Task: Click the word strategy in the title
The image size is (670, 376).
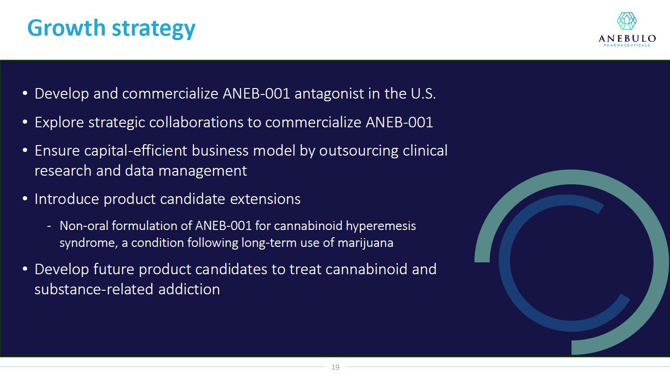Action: [x=154, y=29]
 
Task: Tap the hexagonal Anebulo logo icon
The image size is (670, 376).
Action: [x=627, y=21]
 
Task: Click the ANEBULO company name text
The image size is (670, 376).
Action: [x=627, y=38]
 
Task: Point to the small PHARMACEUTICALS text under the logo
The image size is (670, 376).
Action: [x=627, y=45]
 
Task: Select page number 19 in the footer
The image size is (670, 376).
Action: [x=335, y=367]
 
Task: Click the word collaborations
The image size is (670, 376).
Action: [x=196, y=122]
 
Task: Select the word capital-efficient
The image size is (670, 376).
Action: [x=136, y=151]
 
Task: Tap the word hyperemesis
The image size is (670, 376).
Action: [x=381, y=226]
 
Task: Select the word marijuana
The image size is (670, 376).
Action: [x=366, y=243]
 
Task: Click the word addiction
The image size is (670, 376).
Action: [x=189, y=289]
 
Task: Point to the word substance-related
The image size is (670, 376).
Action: [x=94, y=289]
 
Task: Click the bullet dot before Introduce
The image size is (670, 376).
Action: [x=25, y=199]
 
